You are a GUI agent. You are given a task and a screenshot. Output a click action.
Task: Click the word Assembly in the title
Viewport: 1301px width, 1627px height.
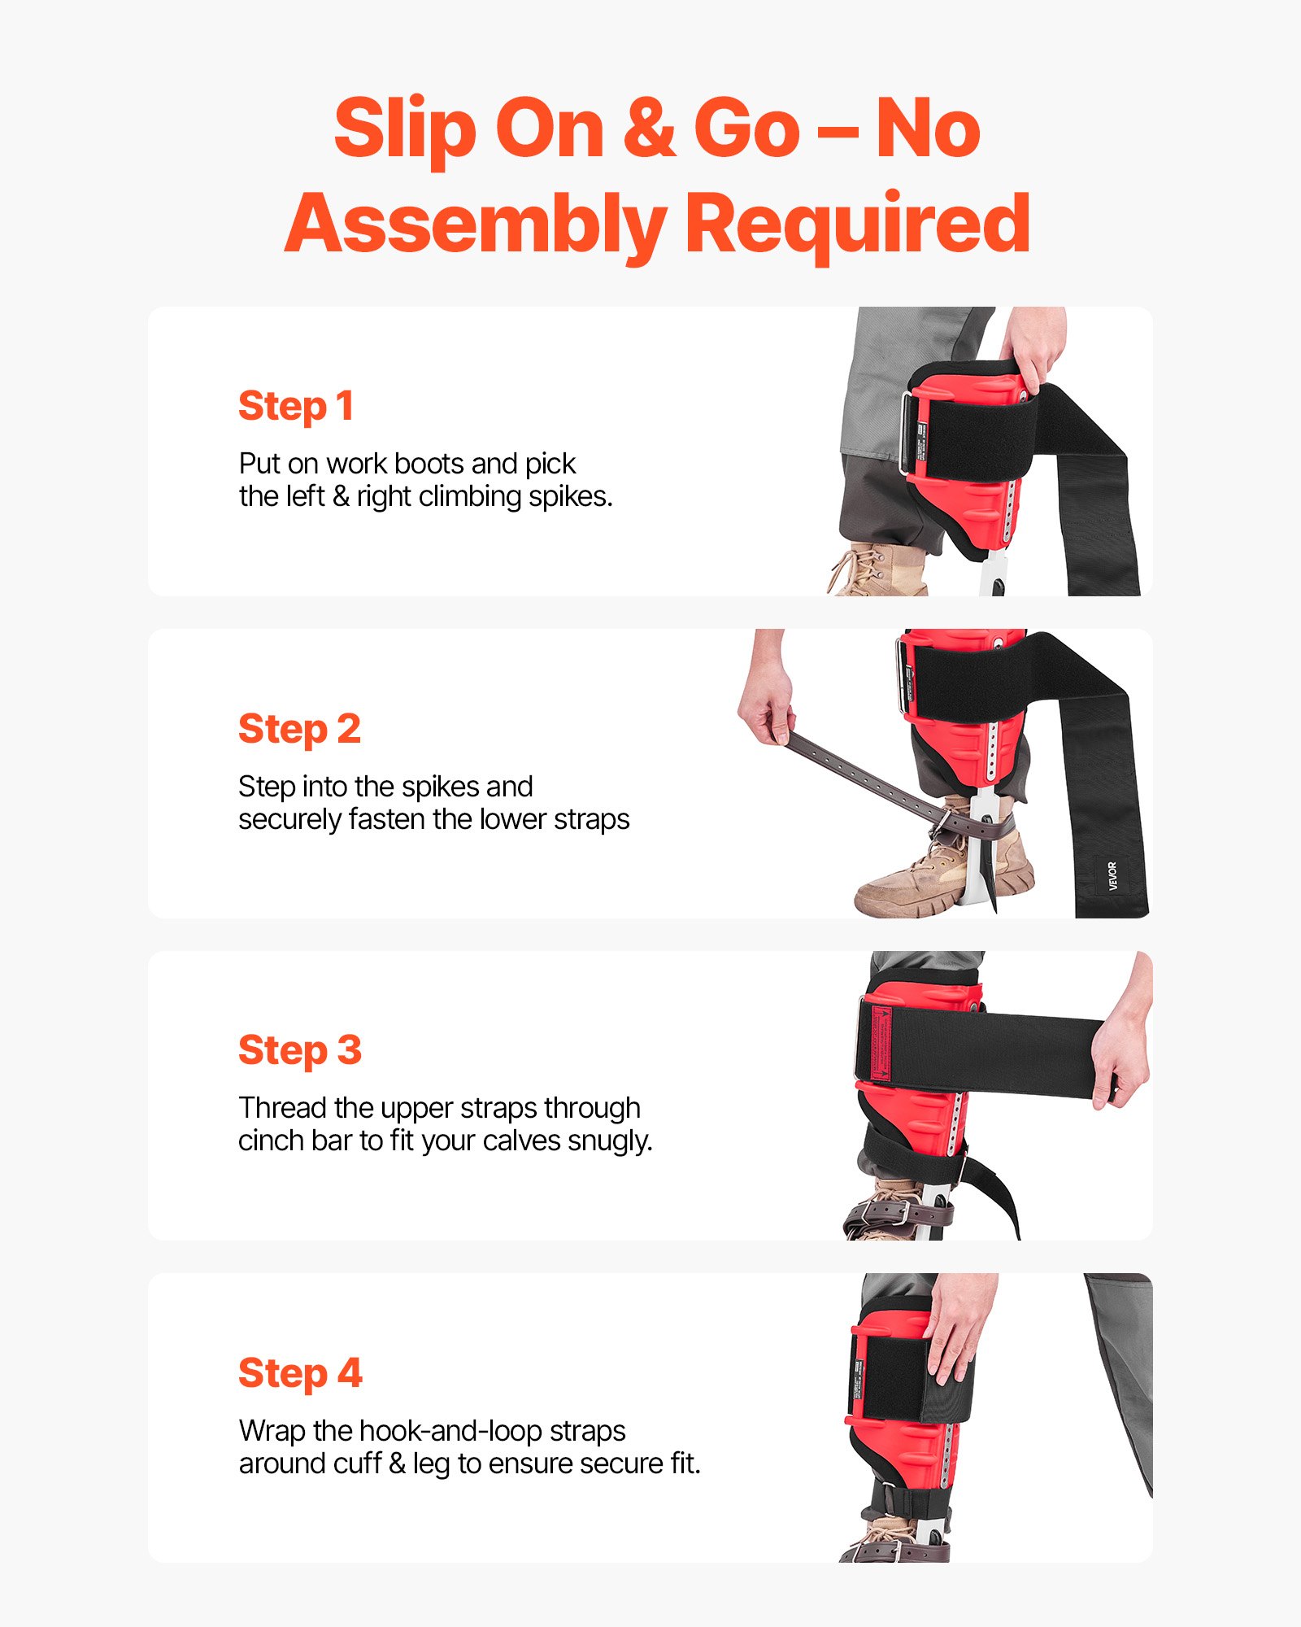point(476,225)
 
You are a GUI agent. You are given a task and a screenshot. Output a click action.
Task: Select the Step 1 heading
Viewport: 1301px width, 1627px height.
point(296,406)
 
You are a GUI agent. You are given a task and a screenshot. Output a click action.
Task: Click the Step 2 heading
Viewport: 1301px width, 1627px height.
point(299,729)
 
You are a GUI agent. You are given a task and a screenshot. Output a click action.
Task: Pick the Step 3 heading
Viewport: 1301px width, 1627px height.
point(299,1050)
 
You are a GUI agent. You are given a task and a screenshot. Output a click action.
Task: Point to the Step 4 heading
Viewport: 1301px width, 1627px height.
point(300,1373)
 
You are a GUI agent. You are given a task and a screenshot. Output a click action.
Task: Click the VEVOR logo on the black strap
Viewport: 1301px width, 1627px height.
point(1112,876)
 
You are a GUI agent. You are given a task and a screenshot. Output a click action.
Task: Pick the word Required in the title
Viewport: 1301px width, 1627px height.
point(858,225)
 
